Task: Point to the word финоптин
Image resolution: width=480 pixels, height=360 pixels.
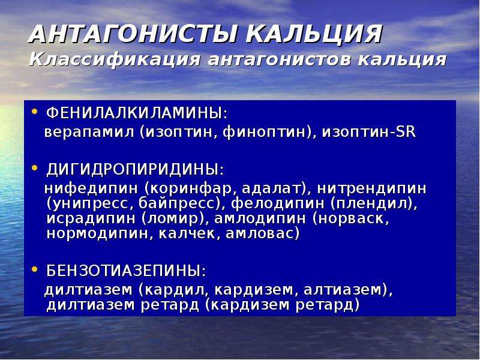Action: (x=264, y=132)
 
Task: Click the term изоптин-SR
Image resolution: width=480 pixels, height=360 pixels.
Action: (x=368, y=132)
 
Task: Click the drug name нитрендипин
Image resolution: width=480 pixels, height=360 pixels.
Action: (x=371, y=188)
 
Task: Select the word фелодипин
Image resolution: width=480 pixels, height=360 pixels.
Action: (x=277, y=203)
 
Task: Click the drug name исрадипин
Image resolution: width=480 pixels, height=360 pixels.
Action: (x=91, y=218)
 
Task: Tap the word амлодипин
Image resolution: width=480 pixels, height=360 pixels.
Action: (x=260, y=218)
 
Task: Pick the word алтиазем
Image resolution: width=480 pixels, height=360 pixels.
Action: (x=342, y=290)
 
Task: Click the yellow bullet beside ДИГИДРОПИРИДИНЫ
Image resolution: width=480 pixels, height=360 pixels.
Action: (x=35, y=168)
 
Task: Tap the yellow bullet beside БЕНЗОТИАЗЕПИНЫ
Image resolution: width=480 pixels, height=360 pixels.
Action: (x=35, y=269)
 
